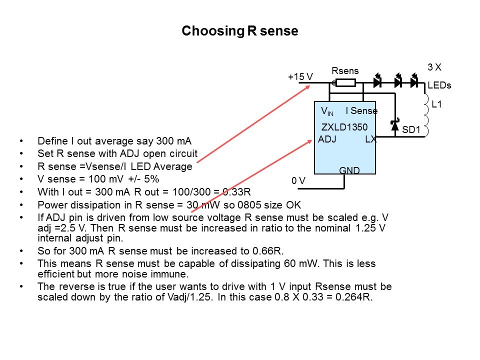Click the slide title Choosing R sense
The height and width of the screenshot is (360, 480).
239,31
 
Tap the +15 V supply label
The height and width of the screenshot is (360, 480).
300,76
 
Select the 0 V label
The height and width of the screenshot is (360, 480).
298,180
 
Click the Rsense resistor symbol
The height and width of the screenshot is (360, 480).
345,83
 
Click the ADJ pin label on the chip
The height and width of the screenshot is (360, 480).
327,139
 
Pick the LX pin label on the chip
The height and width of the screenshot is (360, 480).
370,139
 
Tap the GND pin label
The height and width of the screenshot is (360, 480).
349,170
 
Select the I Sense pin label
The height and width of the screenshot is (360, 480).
361,110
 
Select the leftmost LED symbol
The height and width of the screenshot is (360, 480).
378,82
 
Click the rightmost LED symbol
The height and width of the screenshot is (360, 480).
414,82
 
